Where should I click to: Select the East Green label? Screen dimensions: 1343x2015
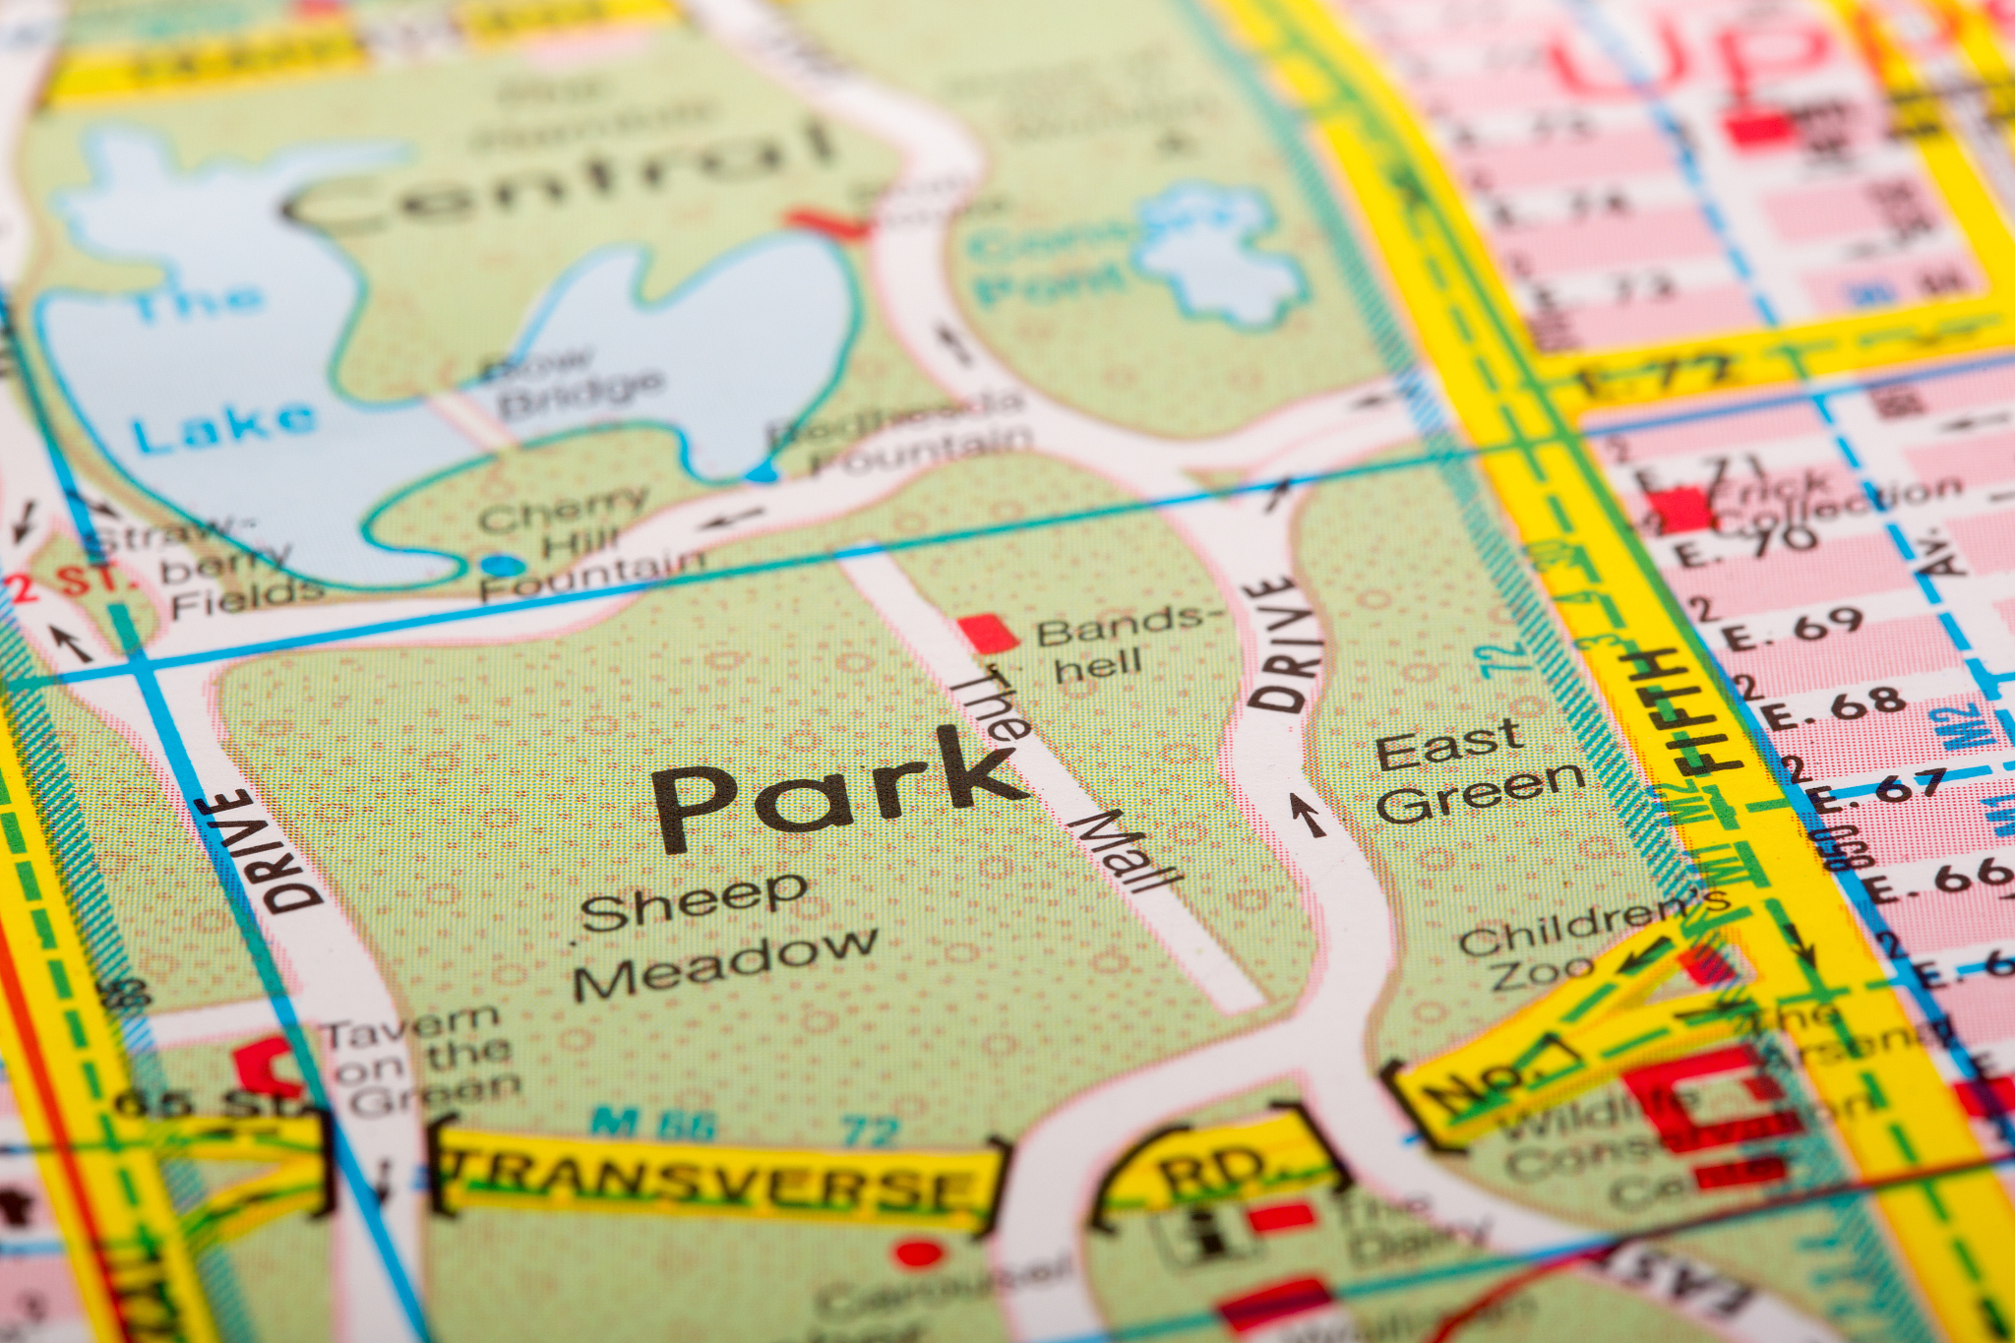[x=1476, y=772]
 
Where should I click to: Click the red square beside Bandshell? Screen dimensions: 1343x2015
[x=987, y=633]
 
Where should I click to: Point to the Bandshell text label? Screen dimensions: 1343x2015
[x=1122, y=644]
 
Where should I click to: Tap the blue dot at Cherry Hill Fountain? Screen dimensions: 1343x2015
[x=502, y=565]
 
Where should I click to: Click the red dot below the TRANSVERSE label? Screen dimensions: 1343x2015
[x=919, y=1253]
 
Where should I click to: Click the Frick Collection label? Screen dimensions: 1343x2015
[x=1820, y=502]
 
